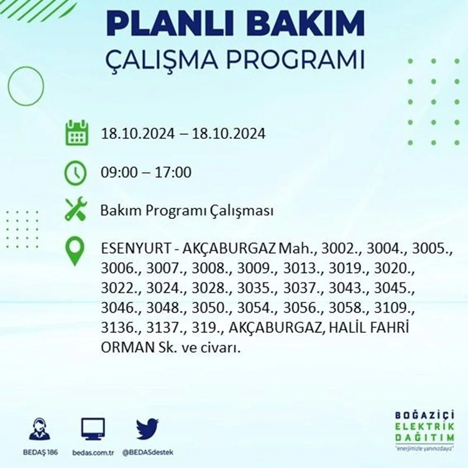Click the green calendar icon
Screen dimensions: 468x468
click(77, 133)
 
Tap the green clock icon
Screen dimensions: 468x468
click(75, 173)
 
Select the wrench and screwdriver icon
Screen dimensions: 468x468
click(76, 209)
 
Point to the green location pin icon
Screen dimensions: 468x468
click(75, 251)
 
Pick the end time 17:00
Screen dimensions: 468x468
click(173, 173)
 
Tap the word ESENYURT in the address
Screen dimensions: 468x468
click(136, 249)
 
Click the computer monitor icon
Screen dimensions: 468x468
click(93, 429)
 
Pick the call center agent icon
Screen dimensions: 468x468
click(40, 429)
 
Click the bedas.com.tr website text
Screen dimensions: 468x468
click(93, 453)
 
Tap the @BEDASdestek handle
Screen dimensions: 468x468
click(148, 453)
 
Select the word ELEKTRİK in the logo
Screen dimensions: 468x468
click(425, 426)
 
